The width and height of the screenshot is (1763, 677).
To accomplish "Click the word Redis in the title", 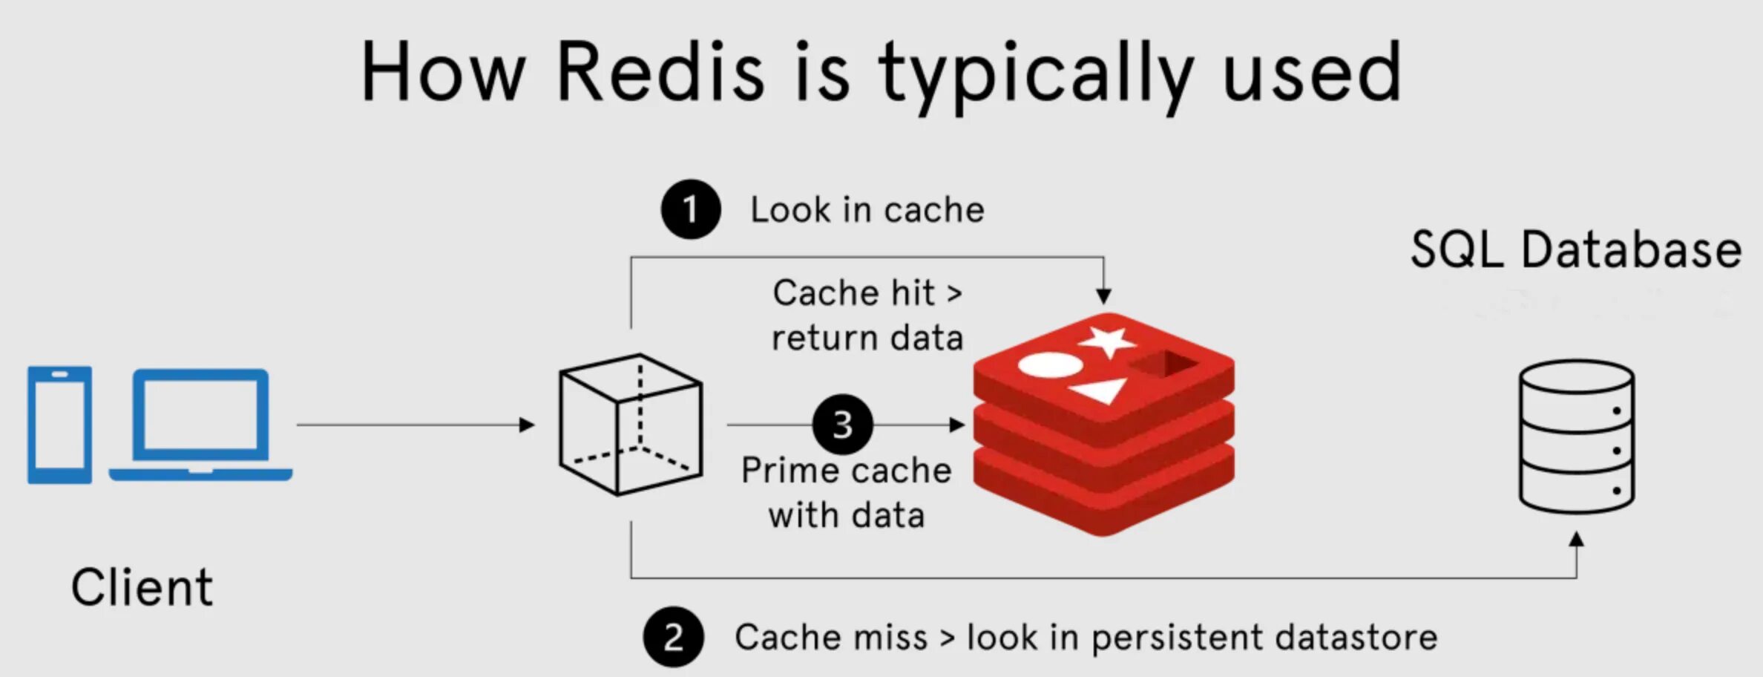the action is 660,73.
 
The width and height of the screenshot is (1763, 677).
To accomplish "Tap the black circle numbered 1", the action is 691,209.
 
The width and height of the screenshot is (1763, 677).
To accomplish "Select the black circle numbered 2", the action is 673,637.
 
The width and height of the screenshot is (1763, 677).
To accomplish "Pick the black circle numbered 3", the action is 842,425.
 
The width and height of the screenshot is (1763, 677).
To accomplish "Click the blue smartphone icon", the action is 60,425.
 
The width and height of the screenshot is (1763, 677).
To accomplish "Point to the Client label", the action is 142,588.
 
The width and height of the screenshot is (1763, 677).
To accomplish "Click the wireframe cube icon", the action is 631,425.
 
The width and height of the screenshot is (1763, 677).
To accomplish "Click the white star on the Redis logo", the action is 1108,340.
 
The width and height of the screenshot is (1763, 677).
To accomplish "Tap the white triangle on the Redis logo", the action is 1100,390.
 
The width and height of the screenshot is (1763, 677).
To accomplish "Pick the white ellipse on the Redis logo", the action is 1049,364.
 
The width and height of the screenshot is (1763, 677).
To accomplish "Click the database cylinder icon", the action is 1576,436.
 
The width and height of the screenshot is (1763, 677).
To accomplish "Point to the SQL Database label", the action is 1576,249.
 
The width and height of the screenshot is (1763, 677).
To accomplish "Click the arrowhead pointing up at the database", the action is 1577,539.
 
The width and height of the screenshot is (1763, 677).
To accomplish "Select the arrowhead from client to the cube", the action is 527,425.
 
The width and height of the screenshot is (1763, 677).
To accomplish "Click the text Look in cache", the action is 867,210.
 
